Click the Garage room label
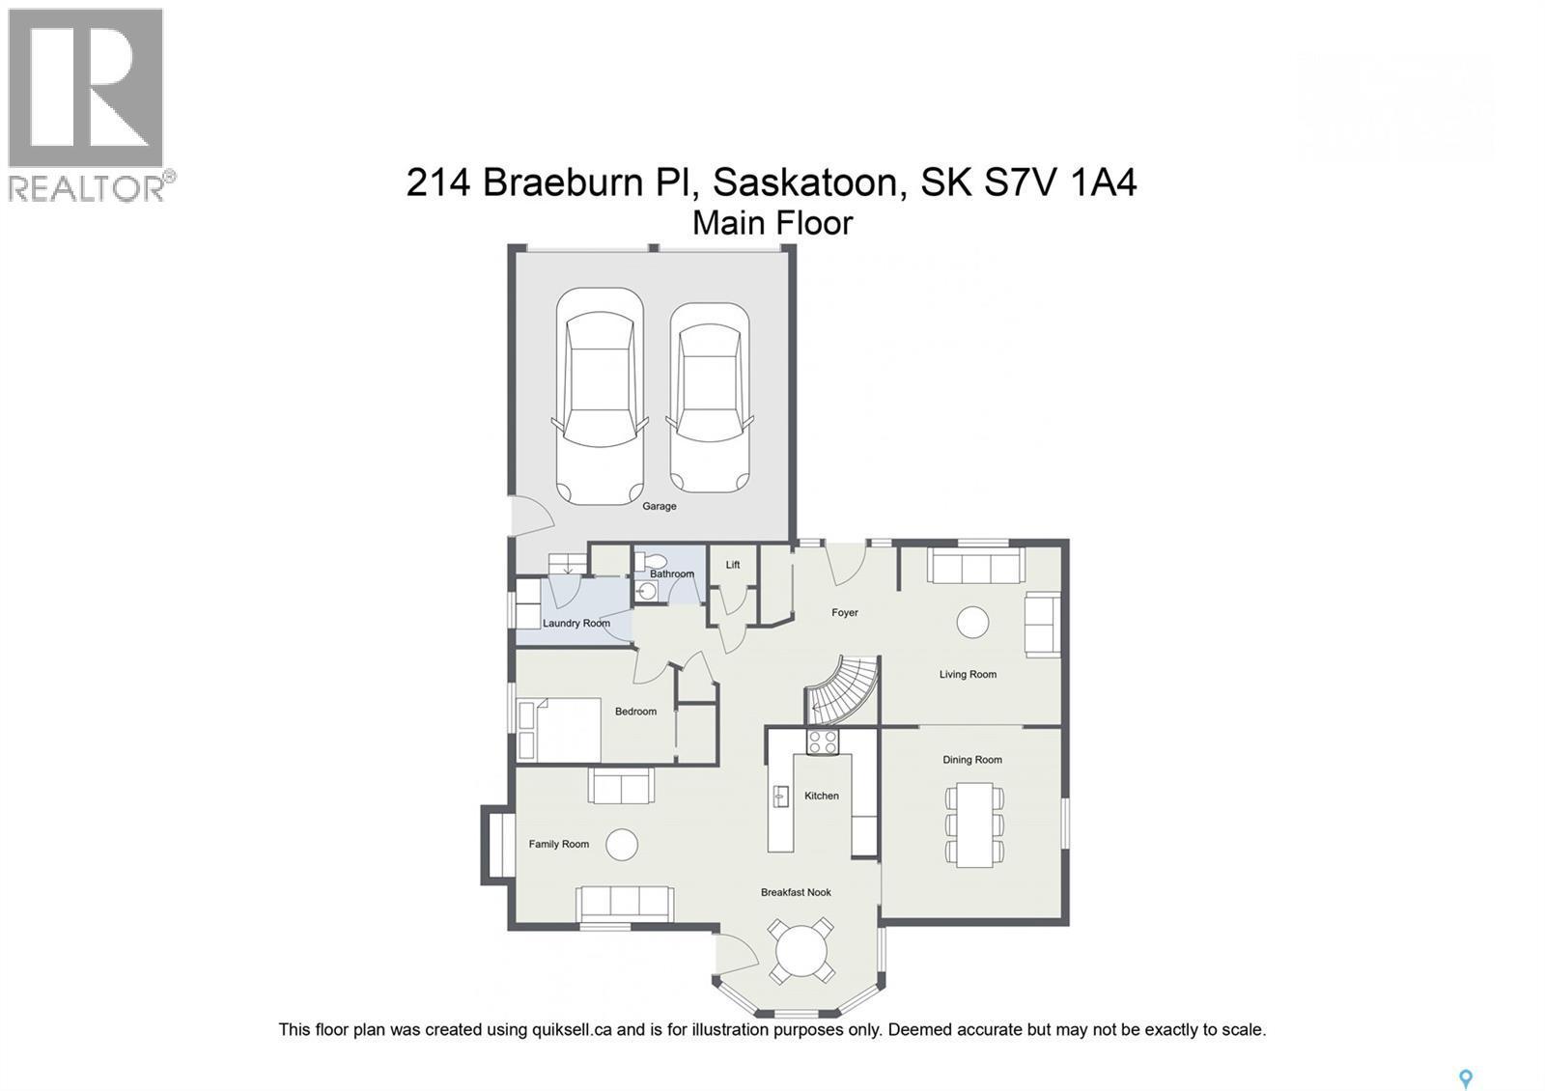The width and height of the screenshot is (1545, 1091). tap(660, 506)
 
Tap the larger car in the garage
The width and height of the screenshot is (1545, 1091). tap(600, 396)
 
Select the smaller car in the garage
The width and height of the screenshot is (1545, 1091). tap(710, 398)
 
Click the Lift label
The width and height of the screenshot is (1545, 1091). tap(733, 565)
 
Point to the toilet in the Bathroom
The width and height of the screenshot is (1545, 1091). tap(655, 561)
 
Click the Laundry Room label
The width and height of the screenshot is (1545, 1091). tap(576, 624)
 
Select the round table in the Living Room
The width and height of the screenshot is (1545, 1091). tap(972, 622)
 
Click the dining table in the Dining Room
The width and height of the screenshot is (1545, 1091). tap(974, 825)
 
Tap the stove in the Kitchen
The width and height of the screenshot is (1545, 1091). tap(823, 741)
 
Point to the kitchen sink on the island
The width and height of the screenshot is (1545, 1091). tap(780, 797)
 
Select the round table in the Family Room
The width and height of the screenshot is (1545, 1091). tap(622, 845)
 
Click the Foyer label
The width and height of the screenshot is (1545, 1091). tap(845, 613)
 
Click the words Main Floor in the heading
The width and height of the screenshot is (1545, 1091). tap(772, 223)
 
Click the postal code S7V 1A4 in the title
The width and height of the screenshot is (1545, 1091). tap(1060, 182)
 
